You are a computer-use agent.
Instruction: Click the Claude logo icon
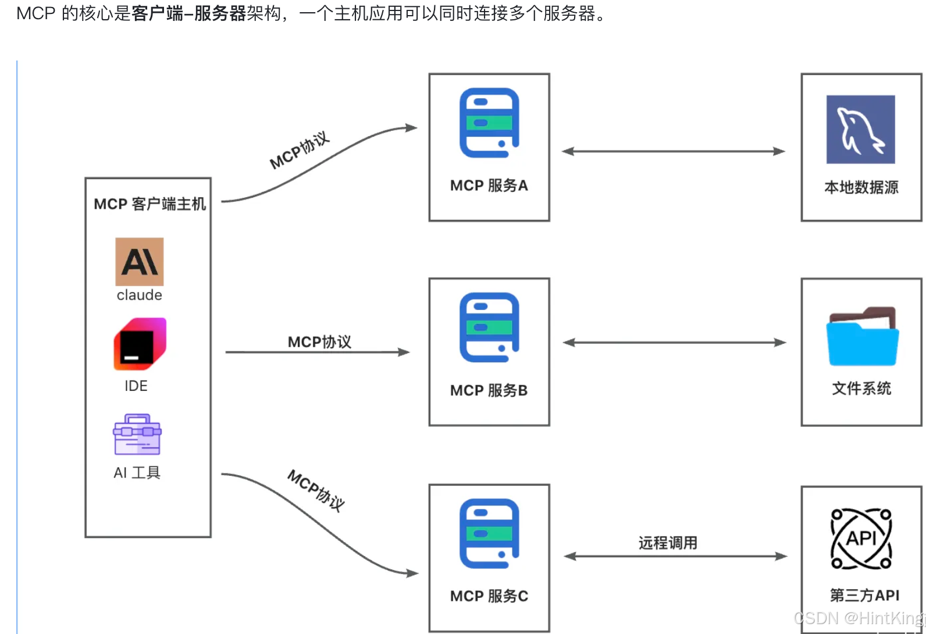tap(140, 262)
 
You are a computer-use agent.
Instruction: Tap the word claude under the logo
tap(140, 295)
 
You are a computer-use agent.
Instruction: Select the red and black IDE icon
tap(140, 344)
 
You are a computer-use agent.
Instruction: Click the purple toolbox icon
tap(137, 434)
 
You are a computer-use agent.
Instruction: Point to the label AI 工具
tap(137, 472)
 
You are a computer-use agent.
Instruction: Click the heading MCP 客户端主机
tap(149, 204)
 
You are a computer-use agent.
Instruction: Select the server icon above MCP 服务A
tap(489, 123)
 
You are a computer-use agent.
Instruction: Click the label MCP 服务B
tap(489, 390)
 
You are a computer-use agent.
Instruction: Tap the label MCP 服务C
tap(489, 596)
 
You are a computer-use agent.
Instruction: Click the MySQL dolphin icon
tap(861, 129)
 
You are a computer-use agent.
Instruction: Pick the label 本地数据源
tap(861, 187)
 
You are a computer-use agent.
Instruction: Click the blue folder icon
tap(863, 336)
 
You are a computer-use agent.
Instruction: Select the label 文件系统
tap(861, 389)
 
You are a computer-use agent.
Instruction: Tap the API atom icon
tap(861, 539)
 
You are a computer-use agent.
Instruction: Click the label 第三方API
tap(865, 595)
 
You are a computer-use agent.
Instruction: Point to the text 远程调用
tap(668, 543)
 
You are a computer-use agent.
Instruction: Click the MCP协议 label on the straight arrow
tap(319, 342)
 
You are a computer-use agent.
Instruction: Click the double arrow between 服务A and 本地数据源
tap(673, 151)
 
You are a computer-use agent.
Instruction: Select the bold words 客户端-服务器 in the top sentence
tap(189, 13)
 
